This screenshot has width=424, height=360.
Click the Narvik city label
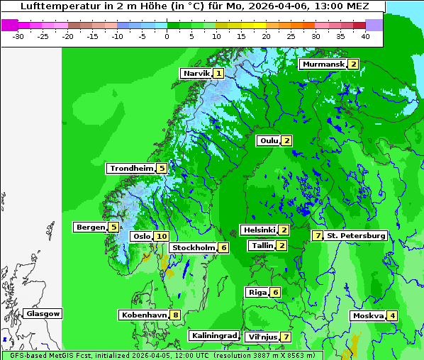click(x=196, y=74)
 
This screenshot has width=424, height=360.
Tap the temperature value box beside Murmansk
click(x=352, y=64)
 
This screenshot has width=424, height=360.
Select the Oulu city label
click(x=269, y=141)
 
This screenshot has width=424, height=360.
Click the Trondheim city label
click(x=131, y=169)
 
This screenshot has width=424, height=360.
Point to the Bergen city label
click(x=89, y=227)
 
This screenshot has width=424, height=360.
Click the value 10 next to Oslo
click(x=162, y=237)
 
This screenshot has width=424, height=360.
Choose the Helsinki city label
click(x=259, y=230)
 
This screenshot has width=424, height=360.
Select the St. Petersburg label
click(x=356, y=236)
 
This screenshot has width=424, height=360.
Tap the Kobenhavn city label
click(x=144, y=315)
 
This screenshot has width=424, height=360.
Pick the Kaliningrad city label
click(x=213, y=336)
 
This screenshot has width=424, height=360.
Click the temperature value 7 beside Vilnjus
click(x=285, y=337)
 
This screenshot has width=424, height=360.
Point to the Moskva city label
click(x=368, y=316)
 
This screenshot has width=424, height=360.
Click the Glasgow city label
click(x=43, y=314)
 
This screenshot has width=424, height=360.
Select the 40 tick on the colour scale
click(x=365, y=36)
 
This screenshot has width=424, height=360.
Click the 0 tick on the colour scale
click(x=167, y=36)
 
